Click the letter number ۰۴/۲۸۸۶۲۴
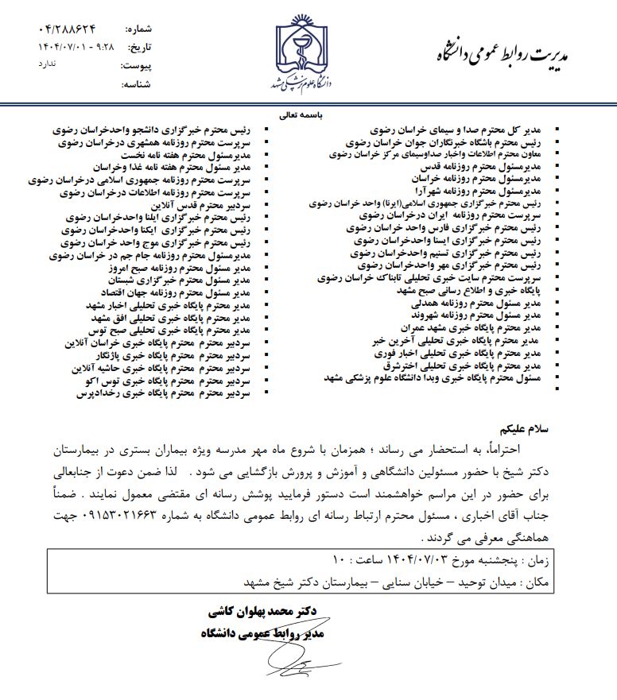point(68,29)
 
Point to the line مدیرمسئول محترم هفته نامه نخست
point(200,156)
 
